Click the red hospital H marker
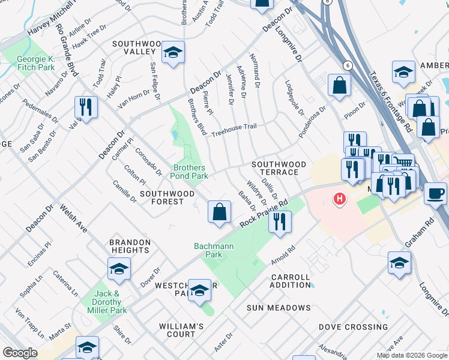[x=340, y=198]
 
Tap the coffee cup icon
[x=435, y=194]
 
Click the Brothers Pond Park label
[x=190, y=172]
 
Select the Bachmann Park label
[x=208, y=250]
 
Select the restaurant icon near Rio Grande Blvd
[x=86, y=107]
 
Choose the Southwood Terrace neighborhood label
[x=279, y=168]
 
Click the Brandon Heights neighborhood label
[x=130, y=247]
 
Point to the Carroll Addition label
[x=291, y=281]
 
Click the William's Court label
[x=185, y=330]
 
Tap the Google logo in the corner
[x=20, y=353]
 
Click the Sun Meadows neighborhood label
[x=279, y=308]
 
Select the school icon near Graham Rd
[x=399, y=263]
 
